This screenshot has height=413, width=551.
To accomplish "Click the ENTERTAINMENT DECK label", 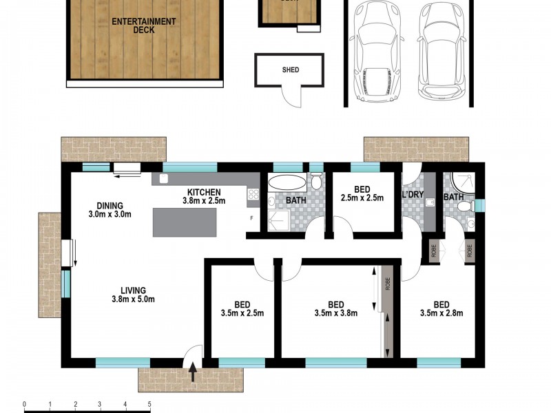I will [x=143, y=25].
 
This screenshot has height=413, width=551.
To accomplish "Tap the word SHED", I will [x=290, y=70].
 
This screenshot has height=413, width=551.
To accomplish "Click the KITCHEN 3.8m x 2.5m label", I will [x=201, y=197].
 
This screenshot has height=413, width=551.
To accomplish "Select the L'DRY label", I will [x=413, y=195].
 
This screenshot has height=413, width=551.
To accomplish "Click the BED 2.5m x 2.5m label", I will [x=362, y=193].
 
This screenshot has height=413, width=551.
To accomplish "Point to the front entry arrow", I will [x=192, y=372].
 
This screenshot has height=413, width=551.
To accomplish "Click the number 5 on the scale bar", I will [x=149, y=404].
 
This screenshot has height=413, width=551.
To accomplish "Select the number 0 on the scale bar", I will [x=25, y=404].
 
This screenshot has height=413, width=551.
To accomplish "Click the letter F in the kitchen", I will [x=251, y=218].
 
